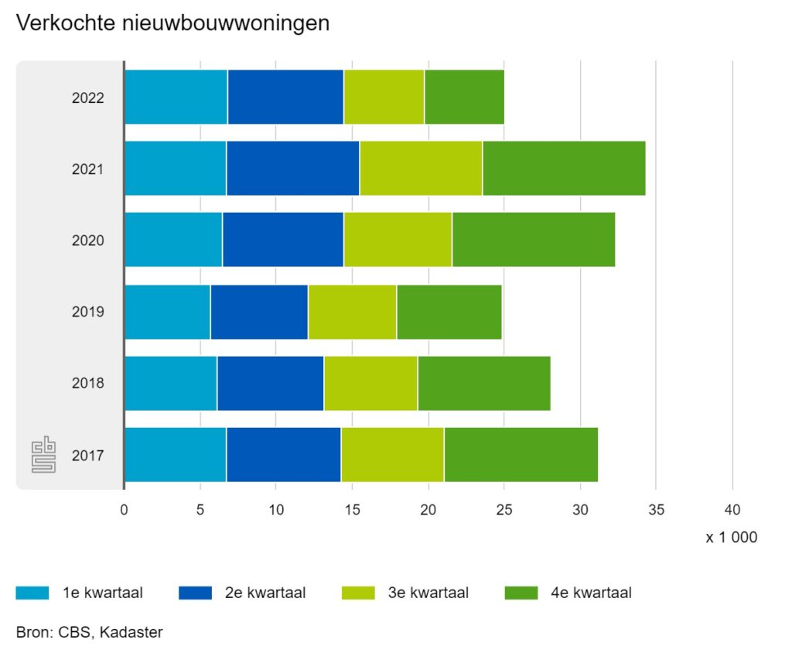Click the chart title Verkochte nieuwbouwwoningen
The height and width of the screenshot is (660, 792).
point(172,23)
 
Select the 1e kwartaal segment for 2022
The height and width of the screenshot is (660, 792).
point(176,97)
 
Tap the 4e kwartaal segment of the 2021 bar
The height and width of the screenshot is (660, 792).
point(563,168)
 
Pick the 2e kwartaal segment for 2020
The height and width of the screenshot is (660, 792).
point(282,240)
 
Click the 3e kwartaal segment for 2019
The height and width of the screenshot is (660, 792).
point(352,312)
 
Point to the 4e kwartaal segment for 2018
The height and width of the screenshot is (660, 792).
point(483,383)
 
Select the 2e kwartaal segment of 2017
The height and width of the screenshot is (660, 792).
point(283,454)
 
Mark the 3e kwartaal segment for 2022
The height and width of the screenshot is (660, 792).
point(384,97)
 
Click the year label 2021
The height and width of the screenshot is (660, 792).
point(88,169)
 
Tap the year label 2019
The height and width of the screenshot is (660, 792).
point(88,312)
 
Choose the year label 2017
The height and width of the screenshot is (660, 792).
point(88,455)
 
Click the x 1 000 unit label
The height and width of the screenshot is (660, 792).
point(731,537)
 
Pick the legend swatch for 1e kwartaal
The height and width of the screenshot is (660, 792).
point(32,593)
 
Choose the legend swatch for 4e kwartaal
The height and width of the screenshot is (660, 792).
point(521,593)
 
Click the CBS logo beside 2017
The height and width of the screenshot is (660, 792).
point(44,455)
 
